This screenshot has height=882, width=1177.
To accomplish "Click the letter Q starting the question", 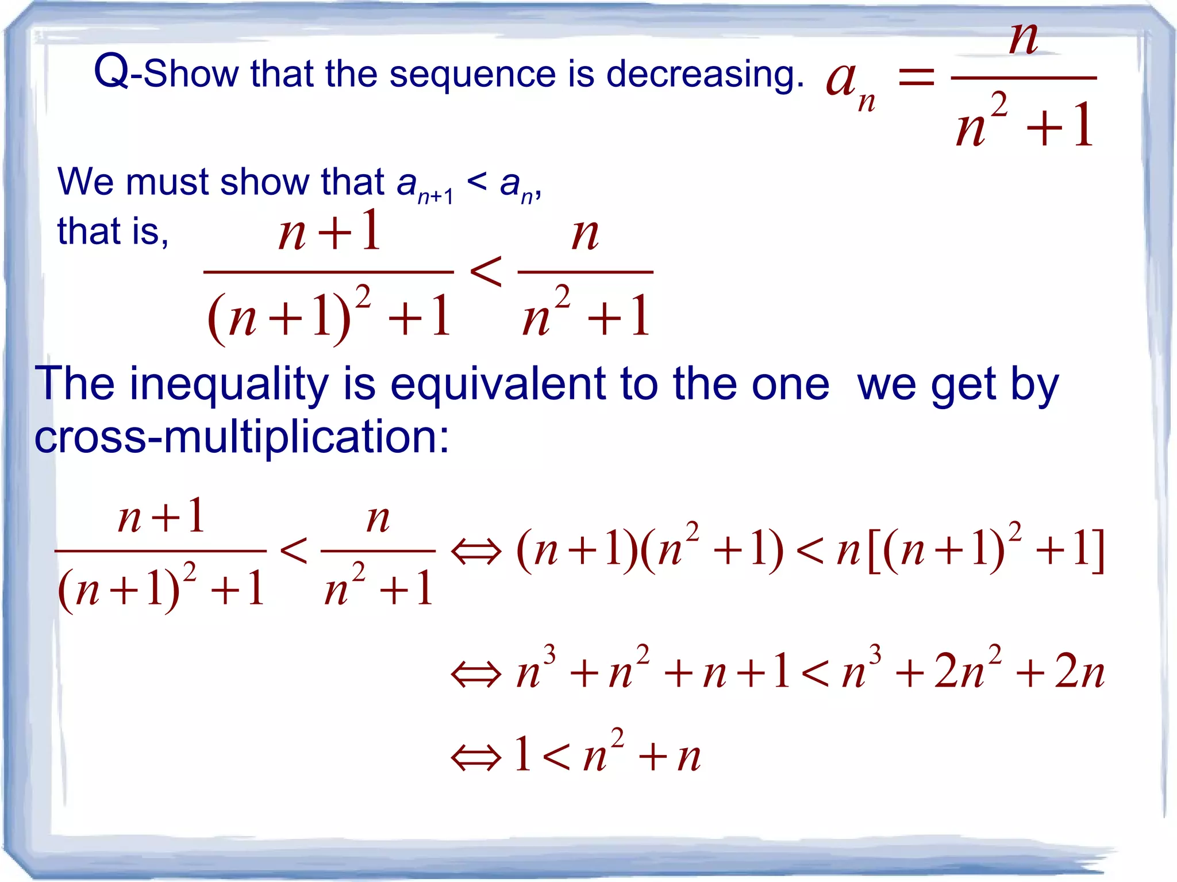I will (x=112, y=71).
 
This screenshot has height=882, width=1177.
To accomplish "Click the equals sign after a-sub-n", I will (x=916, y=77).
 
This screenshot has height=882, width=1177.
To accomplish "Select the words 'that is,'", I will (x=113, y=231).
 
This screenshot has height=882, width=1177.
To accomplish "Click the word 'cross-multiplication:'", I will (x=241, y=437).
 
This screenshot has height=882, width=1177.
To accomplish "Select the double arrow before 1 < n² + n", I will (x=476, y=757).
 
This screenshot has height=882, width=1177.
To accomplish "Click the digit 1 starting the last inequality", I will (x=522, y=754).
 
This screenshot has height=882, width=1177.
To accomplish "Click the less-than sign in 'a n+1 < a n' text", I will (x=477, y=183).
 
